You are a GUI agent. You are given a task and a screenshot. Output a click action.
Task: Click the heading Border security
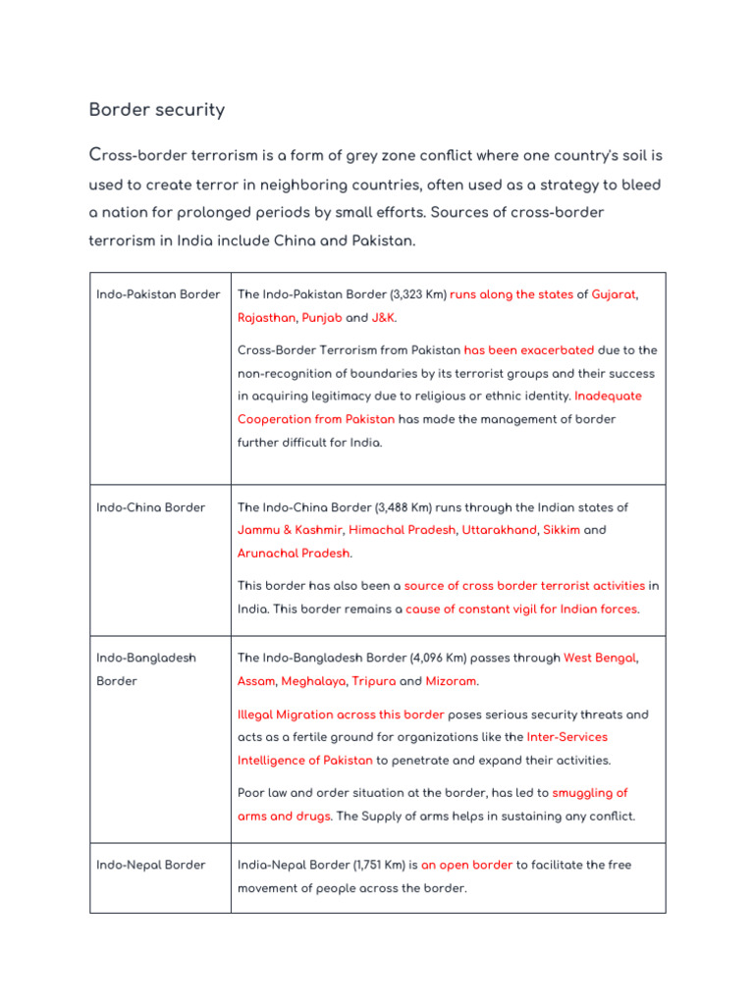pyautogui.click(x=157, y=110)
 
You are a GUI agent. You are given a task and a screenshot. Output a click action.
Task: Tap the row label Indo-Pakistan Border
pyautogui.click(x=158, y=294)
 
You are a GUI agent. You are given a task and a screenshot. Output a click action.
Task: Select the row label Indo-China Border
pyautogui.click(x=151, y=507)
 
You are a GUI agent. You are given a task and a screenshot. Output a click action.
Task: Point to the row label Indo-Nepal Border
pyautogui.click(x=151, y=865)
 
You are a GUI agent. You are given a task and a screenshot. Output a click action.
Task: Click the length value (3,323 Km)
pyautogui.click(x=417, y=294)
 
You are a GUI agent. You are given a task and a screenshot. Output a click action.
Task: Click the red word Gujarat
pyautogui.click(x=614, y=294)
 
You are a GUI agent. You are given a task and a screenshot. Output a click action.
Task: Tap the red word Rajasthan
pyautogui.click(x=266, y=318)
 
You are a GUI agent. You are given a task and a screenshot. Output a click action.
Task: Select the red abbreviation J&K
pyautogui.click(x=384, y=318)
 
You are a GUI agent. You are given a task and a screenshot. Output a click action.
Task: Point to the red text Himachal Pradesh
pyautogui.click(x=403, y=530)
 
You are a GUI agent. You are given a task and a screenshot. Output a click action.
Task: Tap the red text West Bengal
pyautogui.click(x=599, y=658)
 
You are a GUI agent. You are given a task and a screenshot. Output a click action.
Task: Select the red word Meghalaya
pyautogui.click(x=313, y=681)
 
